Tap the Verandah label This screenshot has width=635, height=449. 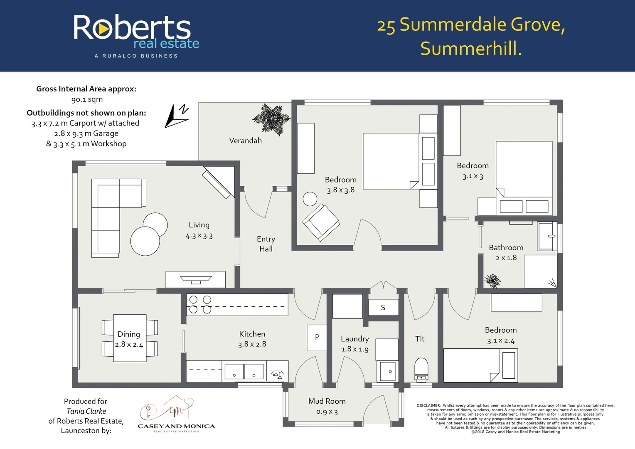[x=245, y=141]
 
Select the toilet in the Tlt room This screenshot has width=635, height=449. [x=421, y=370]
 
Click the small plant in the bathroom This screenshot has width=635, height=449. [x=492, y=281]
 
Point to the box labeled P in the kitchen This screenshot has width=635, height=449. [x=317, y=338]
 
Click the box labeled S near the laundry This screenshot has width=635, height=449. [x=383, y=308]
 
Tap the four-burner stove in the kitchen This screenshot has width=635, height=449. [x=200, y=304]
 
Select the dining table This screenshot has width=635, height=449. [x=130, y=338]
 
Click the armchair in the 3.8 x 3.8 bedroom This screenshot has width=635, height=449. [x=321, y=222]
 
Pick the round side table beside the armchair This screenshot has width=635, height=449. [x=310, y=199]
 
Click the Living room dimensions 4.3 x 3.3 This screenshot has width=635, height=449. [x=199, y=236]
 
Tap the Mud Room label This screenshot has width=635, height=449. [x=327, y=401]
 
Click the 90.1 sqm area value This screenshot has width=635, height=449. [x=87, y=99]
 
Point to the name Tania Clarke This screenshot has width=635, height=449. [x=86, y=411]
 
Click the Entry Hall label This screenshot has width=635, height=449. [x=266, y=244]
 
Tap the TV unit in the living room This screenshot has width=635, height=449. [x=195, y=280]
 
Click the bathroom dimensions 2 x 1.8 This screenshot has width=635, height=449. [x=506, y=258]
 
